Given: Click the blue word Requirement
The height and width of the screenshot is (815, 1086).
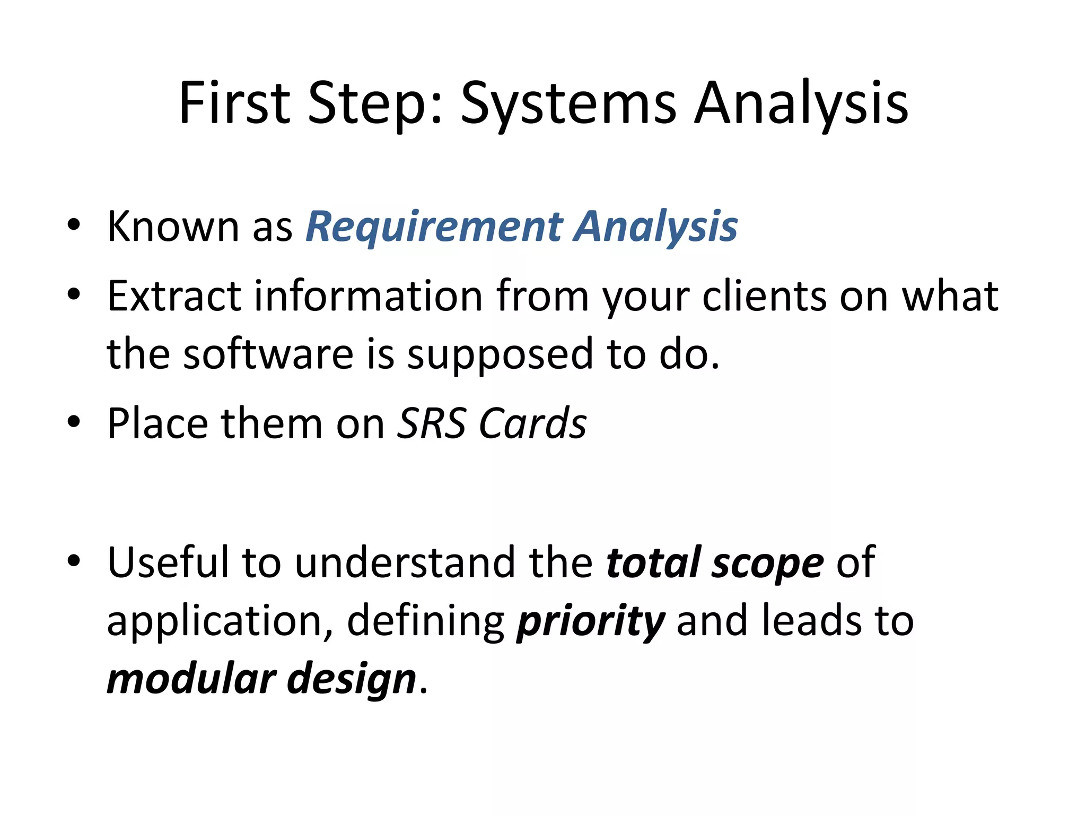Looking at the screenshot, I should tap(434, 227).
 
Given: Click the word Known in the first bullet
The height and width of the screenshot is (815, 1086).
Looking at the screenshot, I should tap(173, 227).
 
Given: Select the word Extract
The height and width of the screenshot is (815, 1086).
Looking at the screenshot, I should tap(174, 296).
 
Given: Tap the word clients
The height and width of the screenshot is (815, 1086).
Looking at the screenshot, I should tap(764, 296).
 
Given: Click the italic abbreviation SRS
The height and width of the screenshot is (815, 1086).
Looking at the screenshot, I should tap(432, 423).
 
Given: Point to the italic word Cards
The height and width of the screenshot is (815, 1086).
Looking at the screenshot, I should tap(533, 423).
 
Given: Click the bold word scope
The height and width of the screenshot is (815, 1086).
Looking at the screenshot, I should tap(768, 562).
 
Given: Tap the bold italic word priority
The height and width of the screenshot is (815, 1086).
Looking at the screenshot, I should tap(590, 621).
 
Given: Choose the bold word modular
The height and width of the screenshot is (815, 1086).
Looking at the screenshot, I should tap(191, 679).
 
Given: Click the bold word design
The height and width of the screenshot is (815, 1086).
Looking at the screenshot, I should tap(352, 679).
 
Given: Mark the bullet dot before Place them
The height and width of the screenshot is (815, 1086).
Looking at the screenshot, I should tap(74, 422).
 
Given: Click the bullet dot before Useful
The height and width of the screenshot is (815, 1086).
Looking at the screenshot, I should tap(74, 560).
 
